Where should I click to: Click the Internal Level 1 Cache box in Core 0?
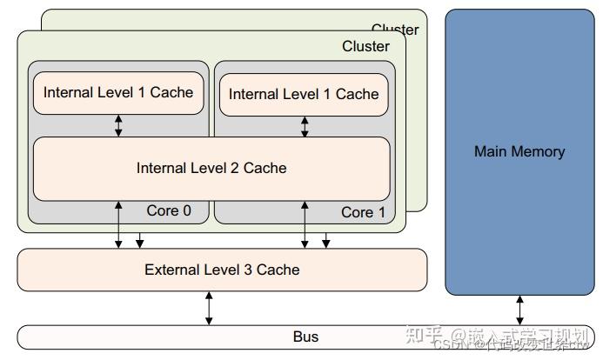pyautogui.click(x=118, y=92)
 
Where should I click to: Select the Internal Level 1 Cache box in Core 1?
pyautogui.click(x=304, y=94)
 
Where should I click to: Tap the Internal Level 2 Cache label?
pyautogui.click(x=211, y=168)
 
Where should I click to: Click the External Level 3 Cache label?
pyautogui.click(x=222, y=270)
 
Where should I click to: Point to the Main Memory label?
pyautogui.click(x=519, y=151)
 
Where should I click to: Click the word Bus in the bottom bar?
pyautogui.click(x=305, y=337)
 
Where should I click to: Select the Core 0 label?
pyautogui.click(x=169, y=210)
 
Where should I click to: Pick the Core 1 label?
pyautogui.click(x=357, y=212)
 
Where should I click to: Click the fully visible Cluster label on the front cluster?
pyautogui.click(x=365, y=46)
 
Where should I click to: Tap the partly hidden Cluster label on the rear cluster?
pyautogui.click(x=395, y=30)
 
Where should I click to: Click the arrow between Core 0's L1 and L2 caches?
pyautogui.click(x=119, y=125)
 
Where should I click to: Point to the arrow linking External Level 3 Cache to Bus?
pyautogui.click(x=209, y=308)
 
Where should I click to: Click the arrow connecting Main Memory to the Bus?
pyautogui.click(x=520, y=310)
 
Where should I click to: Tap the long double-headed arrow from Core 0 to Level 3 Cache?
pyautogui.click(x=119, y=224)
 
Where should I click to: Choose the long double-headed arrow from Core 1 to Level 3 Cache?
pyautogui.click(x=305, y=224)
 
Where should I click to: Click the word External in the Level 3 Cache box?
pyautogui.click(x=171, y=270)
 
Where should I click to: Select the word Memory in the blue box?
pyautogui.click(x=539, y=151)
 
